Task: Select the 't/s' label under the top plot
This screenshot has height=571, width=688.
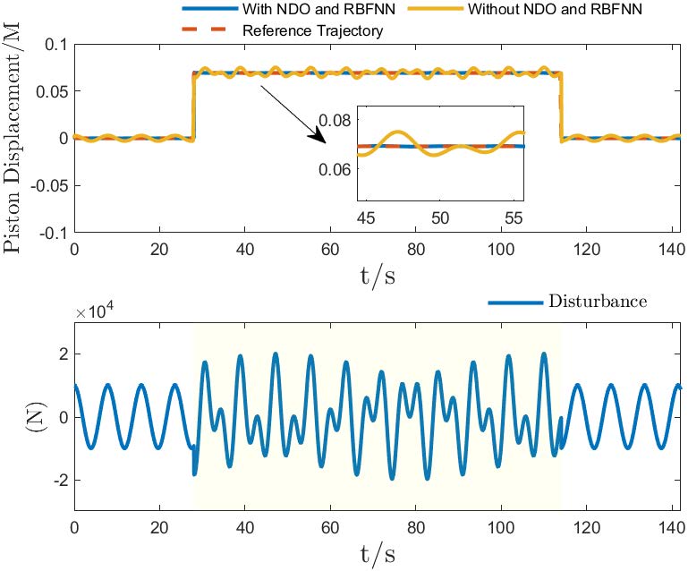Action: tap(376, 276)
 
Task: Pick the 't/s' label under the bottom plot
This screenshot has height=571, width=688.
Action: tap(376, 552)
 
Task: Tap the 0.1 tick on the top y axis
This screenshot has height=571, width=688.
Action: tap(55, 44)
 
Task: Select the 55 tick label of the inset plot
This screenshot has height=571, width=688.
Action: tap(514, 217)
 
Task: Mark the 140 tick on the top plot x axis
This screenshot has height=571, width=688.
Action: tap(671, 251)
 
